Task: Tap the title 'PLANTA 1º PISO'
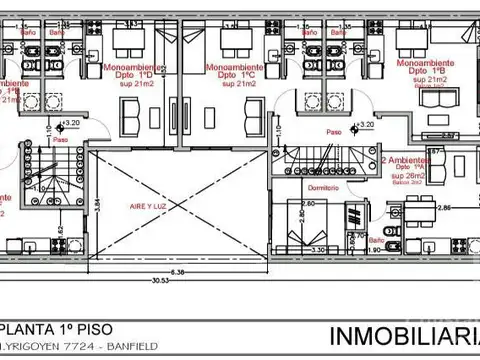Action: (x=48, y=328)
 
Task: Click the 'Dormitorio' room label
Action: (x=322, y=188)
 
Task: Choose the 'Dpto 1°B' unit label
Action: (x=432, y=73)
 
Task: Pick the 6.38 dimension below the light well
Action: (x=177, y=271)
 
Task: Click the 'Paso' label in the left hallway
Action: (x=60, y=140)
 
